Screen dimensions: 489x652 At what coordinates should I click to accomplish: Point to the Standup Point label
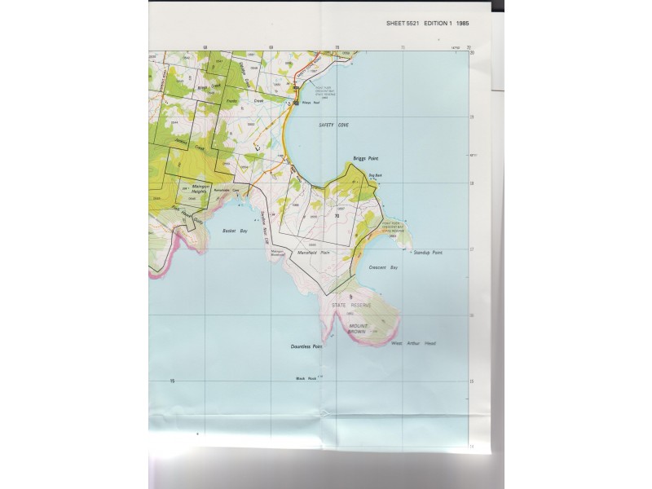pyautogui.click(x=426, y=253)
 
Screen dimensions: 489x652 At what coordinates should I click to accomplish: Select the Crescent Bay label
pyautogui.click(x=383, y=267)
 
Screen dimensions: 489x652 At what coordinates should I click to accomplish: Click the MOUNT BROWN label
pyautogui.click(x=358, y=329)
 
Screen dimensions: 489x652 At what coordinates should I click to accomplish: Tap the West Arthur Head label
pyautogui.click(x=414, y=343)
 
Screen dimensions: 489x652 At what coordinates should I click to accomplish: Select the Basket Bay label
pyautogui.click(x=235, y=231)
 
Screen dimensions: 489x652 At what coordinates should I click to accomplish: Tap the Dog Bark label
pyautogui.click(x=376, y=175)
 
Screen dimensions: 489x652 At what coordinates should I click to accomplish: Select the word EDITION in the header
pyautogui.click(x=435, y=24)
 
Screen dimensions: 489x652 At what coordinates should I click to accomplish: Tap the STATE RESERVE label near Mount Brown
pyautogui.click(x=350, y=305)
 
